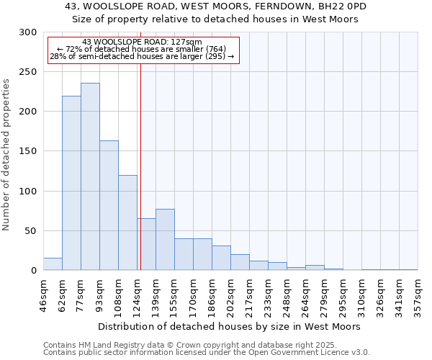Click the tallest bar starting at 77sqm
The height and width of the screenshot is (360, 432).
coord(90,176)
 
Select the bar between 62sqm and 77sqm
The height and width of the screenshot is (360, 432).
coord(71,183)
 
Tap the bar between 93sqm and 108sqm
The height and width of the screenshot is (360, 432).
coord(109,205)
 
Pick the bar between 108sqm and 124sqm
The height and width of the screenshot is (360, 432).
coord(127,222)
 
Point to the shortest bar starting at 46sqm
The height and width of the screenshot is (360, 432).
coord(53,264)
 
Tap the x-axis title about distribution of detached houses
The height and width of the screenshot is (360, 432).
coord(230,326)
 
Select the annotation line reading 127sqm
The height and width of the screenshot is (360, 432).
coord(142,42)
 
